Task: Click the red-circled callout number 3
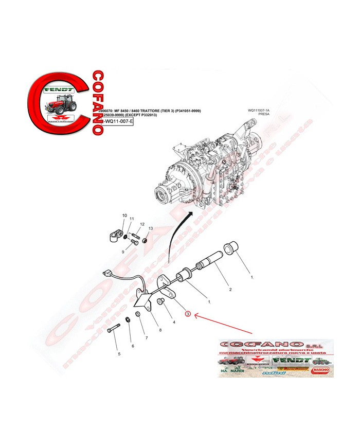(x=188, y=314)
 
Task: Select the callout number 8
(x=160, y=330)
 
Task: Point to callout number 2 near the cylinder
(x=230, y=290)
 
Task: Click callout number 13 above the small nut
(x=151, y=228)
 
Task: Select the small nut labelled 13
(x=146, y=239)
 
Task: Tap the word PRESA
(x=264, y=115)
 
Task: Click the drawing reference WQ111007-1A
(x=259, y=110)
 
